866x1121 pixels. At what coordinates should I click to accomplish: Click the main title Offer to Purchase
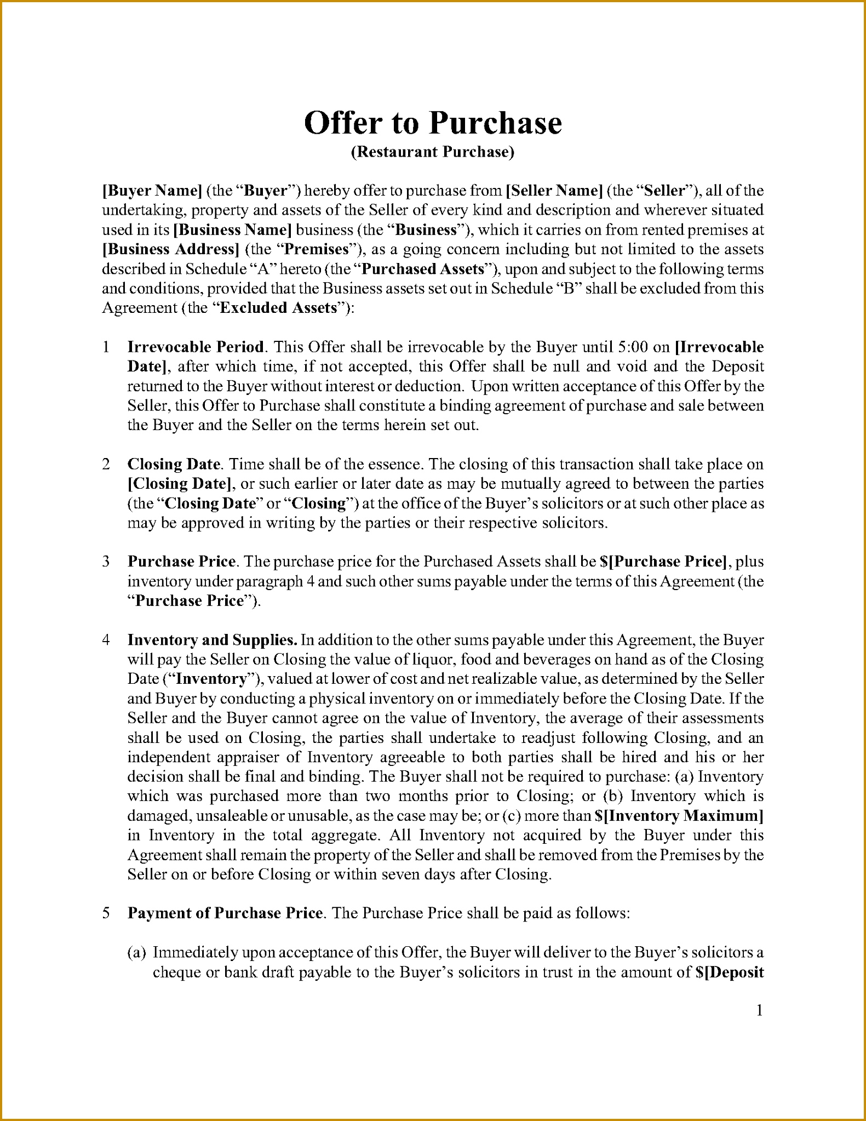coord(433,123)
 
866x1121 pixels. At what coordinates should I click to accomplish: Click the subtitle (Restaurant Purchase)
coord(433,152)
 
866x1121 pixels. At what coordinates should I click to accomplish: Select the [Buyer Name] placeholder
coord(152,191)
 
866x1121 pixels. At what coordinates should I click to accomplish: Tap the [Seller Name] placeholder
coord(554,191)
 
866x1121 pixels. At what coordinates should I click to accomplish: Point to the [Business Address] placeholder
coord(171,249)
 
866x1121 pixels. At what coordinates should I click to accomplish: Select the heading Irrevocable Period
coord(196,347)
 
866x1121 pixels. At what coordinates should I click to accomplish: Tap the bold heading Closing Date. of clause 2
coord(174,464)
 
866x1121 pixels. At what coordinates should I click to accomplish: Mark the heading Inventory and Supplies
coord(213,640)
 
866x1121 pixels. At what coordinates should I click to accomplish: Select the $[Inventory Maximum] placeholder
coord(679,816)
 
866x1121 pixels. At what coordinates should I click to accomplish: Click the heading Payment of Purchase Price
coord(225,913)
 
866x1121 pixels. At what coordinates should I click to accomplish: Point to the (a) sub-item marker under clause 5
coord(136,952)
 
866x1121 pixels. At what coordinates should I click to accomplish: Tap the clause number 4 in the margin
coord(106,640)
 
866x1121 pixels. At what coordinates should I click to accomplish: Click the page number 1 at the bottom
coord(760,1011)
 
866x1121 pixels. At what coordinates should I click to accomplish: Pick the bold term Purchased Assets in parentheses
coord(423,269)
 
